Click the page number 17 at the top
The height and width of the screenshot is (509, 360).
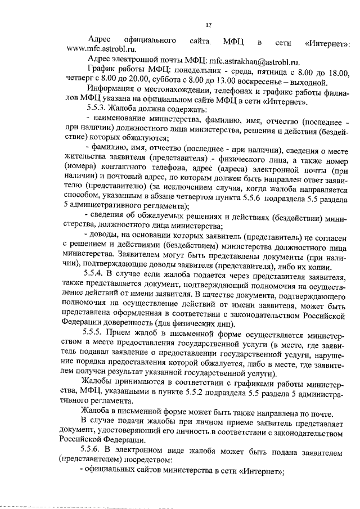pyautogui.click(x=208, y=25)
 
